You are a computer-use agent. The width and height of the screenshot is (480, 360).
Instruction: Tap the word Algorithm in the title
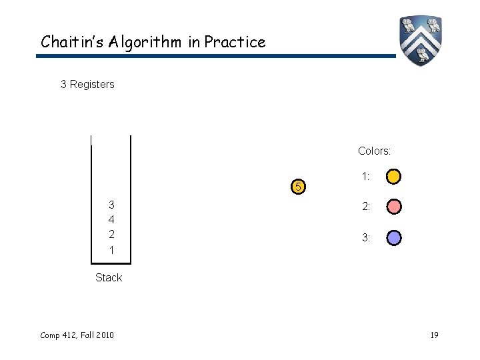click(141, 42)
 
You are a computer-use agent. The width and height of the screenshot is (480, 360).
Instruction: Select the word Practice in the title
click(235, 42)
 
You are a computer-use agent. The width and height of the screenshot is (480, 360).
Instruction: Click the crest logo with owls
click(421, 40)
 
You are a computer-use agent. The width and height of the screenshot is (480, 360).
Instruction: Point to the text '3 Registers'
click(87, 85)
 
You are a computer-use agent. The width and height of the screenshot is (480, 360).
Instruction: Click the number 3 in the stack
click(111, 204)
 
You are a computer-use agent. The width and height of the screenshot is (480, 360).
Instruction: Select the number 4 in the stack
click(111, 219)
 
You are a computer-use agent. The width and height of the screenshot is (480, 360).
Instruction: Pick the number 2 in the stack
click(111, 235)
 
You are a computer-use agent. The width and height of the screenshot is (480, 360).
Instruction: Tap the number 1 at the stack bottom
click(111, 251)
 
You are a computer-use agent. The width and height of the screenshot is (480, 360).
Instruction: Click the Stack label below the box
click(109, 277)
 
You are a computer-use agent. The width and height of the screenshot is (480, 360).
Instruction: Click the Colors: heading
click(374, 151)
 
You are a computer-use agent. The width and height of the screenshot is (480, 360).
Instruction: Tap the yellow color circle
click(394, 177)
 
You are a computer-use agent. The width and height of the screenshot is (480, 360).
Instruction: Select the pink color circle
click(394, 207)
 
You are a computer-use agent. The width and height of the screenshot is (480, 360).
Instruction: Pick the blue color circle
click(394, 237)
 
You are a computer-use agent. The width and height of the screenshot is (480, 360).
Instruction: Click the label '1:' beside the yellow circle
click(366, 177)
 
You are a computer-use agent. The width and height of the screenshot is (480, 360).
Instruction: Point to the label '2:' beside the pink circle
click(366, 207)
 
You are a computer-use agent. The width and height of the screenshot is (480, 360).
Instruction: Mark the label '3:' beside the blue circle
click(366, 237)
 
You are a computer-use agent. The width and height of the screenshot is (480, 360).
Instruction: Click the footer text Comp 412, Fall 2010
click(76, 334)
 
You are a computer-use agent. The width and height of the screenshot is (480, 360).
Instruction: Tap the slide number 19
click(434, 334)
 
